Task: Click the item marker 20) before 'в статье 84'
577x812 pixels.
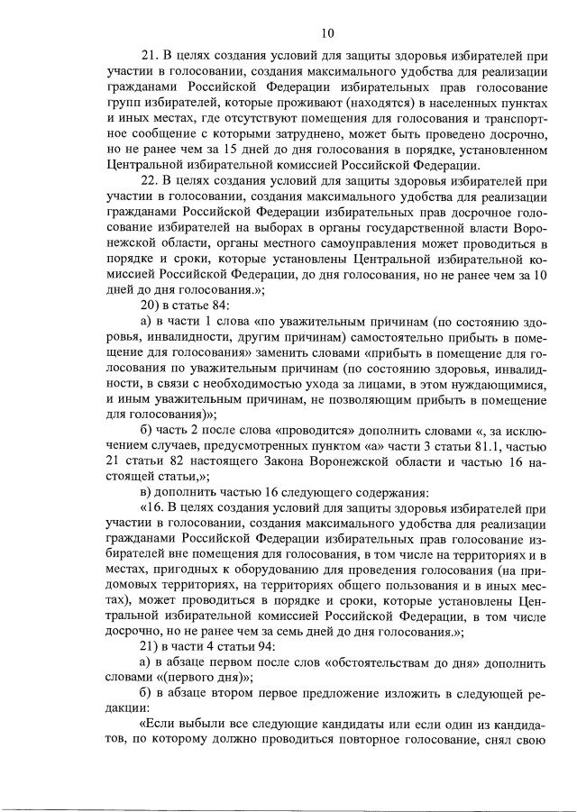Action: click(x=142, y=310)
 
